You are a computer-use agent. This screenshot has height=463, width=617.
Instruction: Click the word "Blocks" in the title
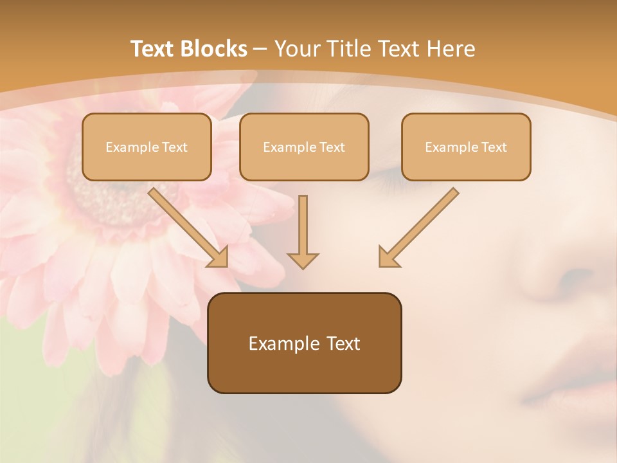pos(215,49)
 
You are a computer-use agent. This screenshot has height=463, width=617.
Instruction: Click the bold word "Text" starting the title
pos(154,49)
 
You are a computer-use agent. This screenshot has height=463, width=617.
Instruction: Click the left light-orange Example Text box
pos(147,147)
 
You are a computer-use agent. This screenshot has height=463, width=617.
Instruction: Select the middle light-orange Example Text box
pos(304,147)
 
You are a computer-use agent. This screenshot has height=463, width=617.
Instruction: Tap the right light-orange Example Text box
pos(466,147)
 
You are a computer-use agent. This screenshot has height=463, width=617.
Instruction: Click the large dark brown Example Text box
pos(304,343)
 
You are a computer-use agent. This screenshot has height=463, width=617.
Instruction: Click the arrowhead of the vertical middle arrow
pos(303,260)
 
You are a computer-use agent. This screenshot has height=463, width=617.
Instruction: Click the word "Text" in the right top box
pos(494,147)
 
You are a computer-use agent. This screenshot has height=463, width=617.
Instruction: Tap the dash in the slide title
pos(260,50)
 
